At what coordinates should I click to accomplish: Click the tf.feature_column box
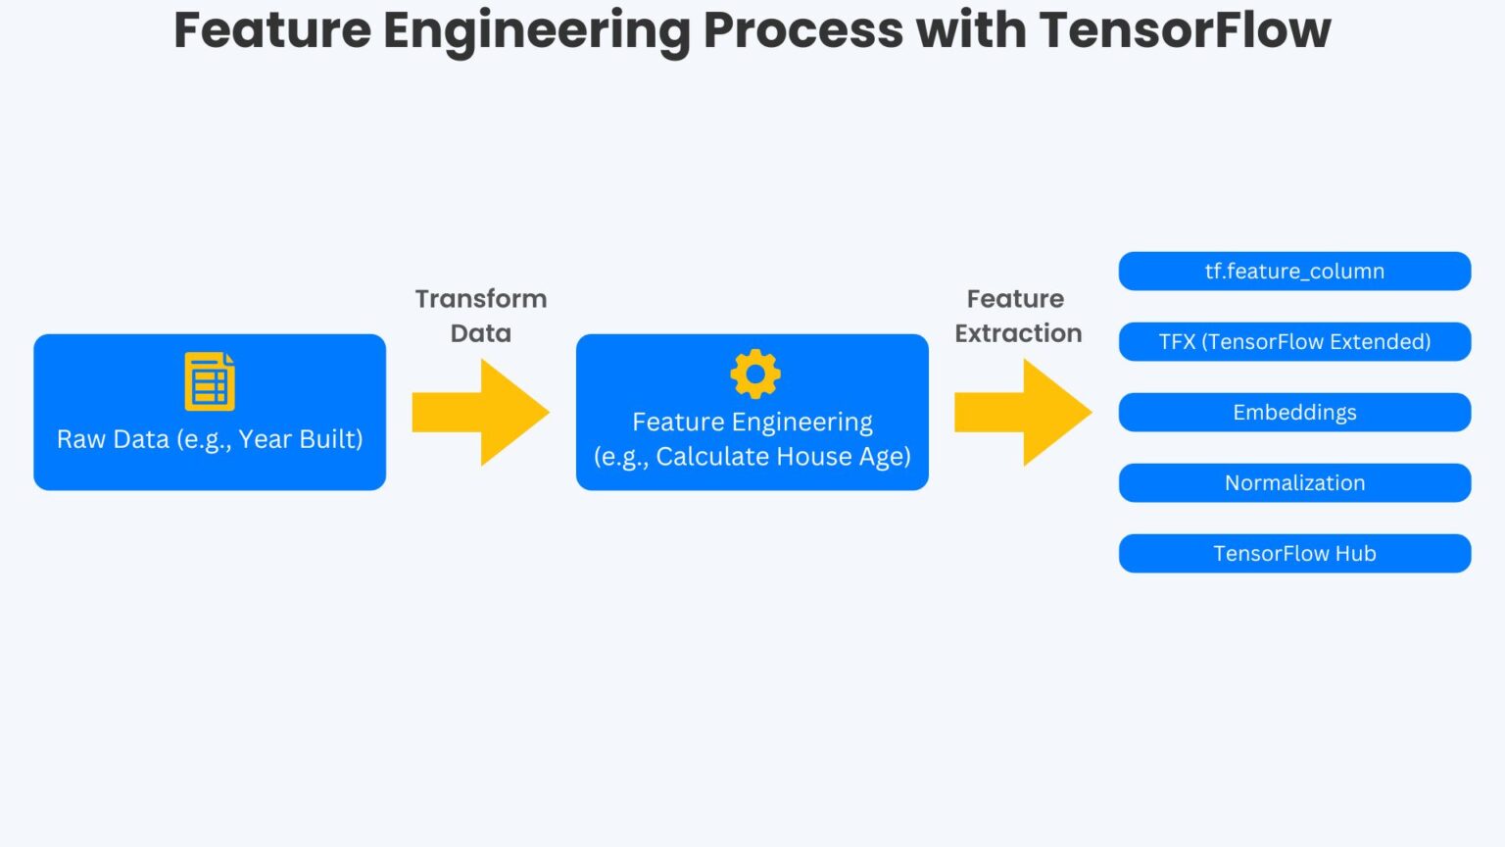1294,272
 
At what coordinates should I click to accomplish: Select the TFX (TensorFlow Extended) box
1294,342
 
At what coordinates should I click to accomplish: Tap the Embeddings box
1294,413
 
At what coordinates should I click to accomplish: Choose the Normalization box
1294,483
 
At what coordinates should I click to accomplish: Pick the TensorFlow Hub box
1294,554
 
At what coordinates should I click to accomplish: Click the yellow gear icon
754,374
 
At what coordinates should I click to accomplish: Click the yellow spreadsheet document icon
210,381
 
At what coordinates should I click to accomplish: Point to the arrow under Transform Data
480,413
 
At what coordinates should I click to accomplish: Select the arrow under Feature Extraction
1023,413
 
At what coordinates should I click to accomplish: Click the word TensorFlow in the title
1185,29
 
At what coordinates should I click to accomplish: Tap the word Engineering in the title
536,31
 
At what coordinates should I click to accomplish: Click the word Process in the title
802,29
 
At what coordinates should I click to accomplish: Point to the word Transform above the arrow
480,299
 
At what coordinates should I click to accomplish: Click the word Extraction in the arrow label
1018,333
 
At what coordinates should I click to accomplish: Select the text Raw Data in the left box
113,439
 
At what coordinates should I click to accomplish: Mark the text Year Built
299,439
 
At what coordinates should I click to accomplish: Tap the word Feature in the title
271,29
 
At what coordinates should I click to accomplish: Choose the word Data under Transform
480,333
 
